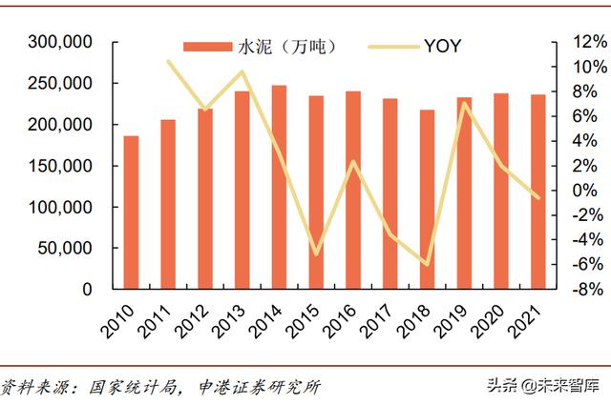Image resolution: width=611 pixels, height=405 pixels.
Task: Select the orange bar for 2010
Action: (131, 213)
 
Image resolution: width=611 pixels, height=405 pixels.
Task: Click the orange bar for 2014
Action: (279, 187)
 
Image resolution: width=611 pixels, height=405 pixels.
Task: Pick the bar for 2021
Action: (538, 192)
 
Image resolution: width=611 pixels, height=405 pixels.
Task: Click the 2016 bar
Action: (353, 190)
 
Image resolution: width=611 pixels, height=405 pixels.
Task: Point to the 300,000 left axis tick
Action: (60, 43)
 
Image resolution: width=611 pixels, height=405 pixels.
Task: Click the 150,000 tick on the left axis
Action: (60, 166)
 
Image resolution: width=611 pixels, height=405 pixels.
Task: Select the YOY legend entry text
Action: (443, 45)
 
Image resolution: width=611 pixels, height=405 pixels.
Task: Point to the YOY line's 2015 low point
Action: (316, 253)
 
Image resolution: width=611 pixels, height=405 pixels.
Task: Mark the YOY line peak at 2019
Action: (464, 103)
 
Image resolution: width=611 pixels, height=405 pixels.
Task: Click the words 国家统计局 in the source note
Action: (128, 387)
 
